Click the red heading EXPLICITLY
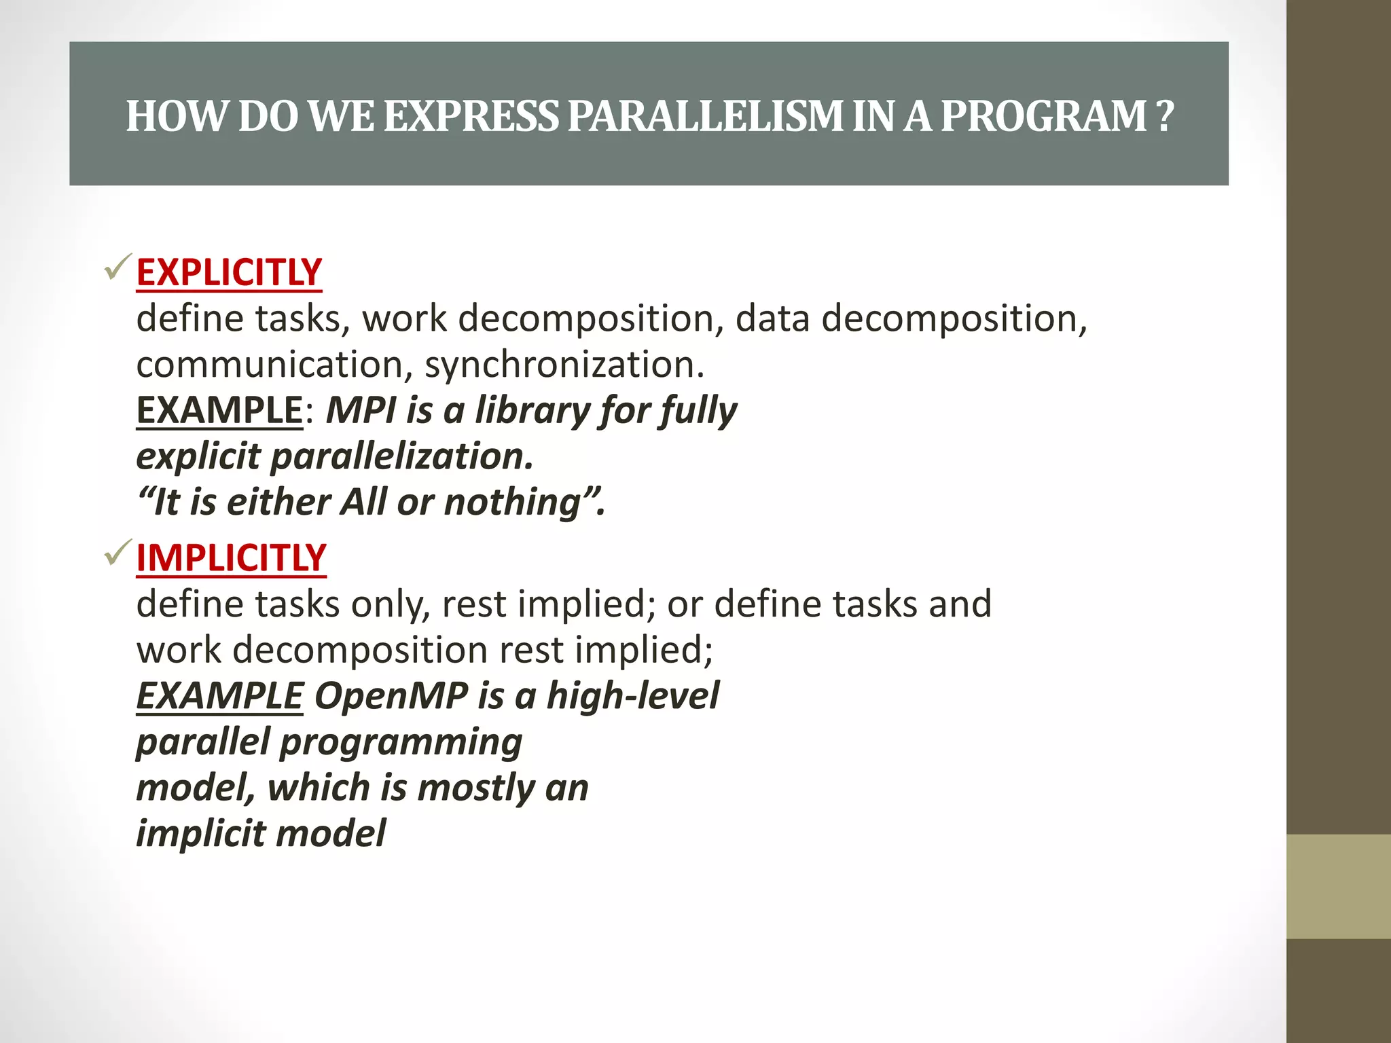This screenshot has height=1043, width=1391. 229,272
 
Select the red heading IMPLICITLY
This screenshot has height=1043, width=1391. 231,558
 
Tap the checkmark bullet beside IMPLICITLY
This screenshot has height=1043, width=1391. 118,553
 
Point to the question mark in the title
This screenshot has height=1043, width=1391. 1164,116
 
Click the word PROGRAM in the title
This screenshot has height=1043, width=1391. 1043,116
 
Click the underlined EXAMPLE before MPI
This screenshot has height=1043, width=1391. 219,410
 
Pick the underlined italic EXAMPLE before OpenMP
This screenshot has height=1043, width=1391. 219,696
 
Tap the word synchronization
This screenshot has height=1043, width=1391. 564,365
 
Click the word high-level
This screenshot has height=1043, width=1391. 632,696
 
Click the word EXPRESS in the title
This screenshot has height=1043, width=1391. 471,116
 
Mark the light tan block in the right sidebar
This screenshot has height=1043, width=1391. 1338,886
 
